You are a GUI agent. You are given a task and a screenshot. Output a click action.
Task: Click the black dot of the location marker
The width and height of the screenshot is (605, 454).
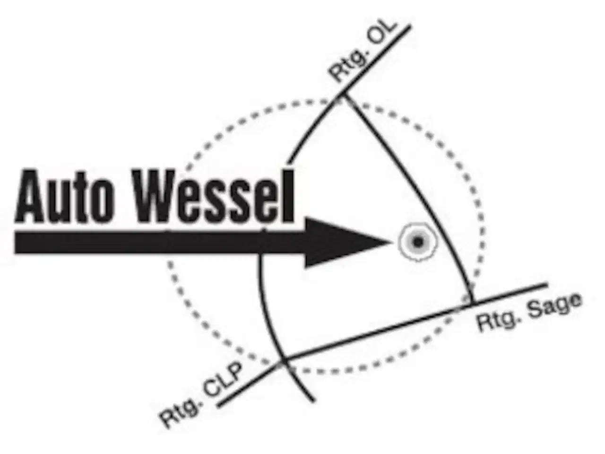[x=417, y=243]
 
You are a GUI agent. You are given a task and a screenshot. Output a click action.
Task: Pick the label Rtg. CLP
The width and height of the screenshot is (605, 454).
[x=201, y=393]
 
